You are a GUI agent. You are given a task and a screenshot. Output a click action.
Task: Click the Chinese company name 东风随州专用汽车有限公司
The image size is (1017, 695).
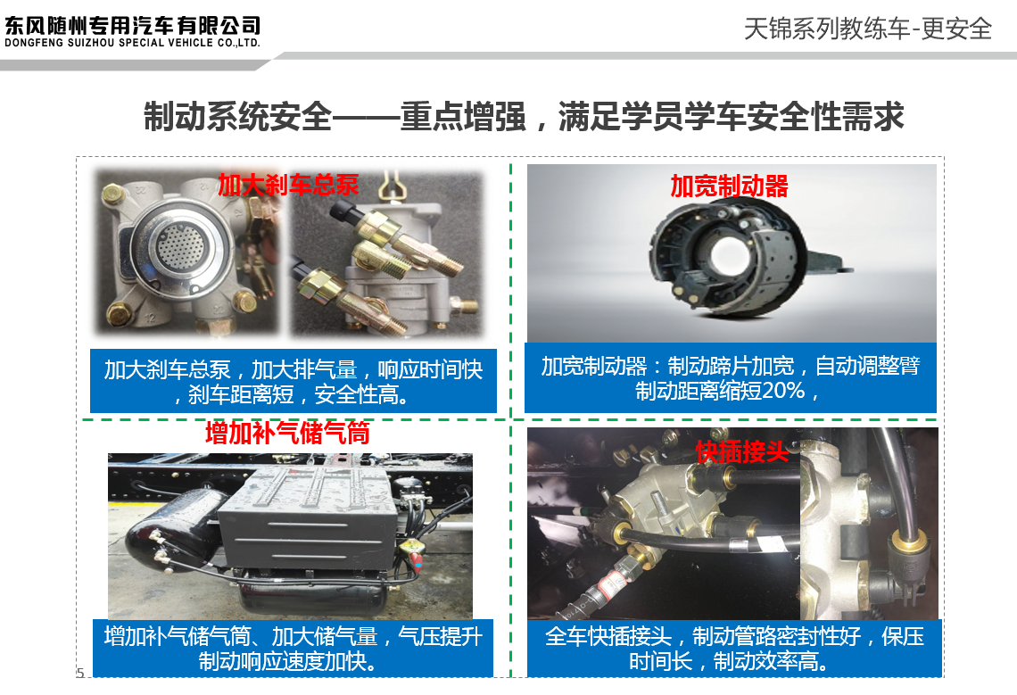click(132, 25)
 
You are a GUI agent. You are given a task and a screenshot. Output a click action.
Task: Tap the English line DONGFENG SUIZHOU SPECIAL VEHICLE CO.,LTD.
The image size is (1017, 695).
click(132, 43)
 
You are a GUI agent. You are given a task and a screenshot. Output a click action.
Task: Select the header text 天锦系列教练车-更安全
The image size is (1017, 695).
click(868, 29)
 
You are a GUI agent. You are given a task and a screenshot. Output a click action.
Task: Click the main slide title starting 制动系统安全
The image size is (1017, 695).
click(524, 117)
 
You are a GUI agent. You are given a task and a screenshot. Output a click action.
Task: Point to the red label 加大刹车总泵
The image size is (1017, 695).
click(288, 185)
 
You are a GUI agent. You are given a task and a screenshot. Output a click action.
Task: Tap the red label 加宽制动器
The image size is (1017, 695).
click(729, 186)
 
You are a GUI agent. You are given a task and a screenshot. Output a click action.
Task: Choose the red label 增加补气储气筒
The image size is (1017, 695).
click(287, 433)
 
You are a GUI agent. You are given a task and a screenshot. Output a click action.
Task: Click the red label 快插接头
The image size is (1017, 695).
click(741, 451)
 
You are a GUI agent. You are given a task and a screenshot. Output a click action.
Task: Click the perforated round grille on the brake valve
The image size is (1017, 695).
click(179, 245)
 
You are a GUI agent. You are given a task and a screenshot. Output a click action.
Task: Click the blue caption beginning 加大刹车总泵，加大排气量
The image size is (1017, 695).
click(294, 381)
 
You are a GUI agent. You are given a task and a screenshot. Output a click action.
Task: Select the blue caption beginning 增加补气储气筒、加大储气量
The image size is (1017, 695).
click(293, 649)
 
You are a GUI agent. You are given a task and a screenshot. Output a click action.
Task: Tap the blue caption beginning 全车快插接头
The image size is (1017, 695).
click(734, 649)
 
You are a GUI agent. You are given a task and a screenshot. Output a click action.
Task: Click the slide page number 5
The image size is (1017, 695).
click(80, 673)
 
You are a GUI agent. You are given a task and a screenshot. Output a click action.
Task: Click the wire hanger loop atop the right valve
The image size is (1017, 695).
click(391, 186)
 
